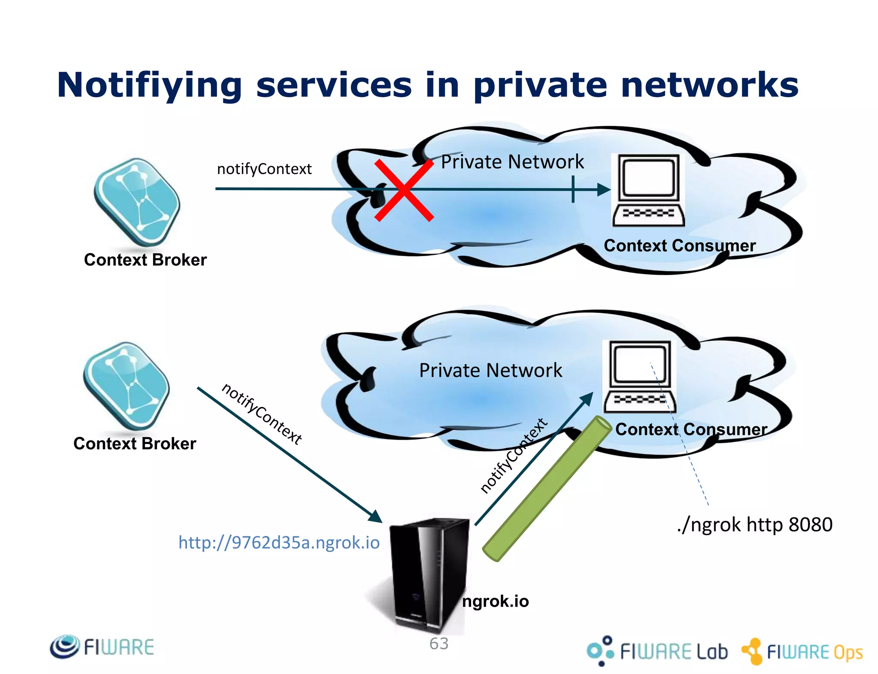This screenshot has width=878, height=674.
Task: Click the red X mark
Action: [x=404, y=190]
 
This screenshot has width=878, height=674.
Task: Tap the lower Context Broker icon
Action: [x=127, y=386]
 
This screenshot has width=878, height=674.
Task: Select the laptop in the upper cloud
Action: [x=648, y=190]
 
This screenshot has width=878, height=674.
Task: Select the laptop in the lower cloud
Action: [x=640, y=377]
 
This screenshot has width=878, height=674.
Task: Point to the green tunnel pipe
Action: [x=547, y=488]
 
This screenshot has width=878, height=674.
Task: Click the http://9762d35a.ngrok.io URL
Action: [x=279, y=542]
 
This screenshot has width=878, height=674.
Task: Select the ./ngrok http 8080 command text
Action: [x=755, y=525]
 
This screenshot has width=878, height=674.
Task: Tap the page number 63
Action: [x=439, y=643]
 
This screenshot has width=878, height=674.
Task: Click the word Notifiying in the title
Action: [x=150, y=86]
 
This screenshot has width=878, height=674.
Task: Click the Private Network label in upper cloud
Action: [x=512, y=162]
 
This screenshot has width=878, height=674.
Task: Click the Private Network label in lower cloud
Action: [x=490, y=370]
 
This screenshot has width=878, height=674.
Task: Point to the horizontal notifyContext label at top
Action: [x=264, y=169]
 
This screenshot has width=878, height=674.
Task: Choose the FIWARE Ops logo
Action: [x=802, y=651]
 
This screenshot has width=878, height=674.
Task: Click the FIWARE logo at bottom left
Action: [x=102, y=647]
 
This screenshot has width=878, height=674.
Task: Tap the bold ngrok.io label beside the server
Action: [x=495, y=602]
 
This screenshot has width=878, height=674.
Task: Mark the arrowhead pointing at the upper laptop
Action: [x=604, y=189]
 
